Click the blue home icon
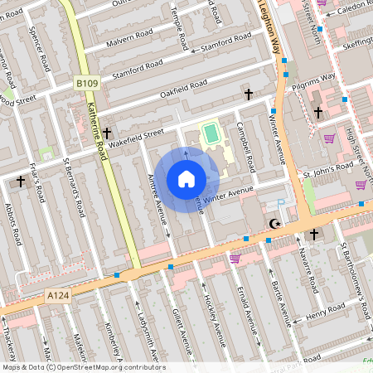(186, 179)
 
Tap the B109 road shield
(86, 83)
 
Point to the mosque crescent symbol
(275, 224)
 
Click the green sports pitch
(211, 132)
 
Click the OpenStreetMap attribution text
(83, 367)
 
